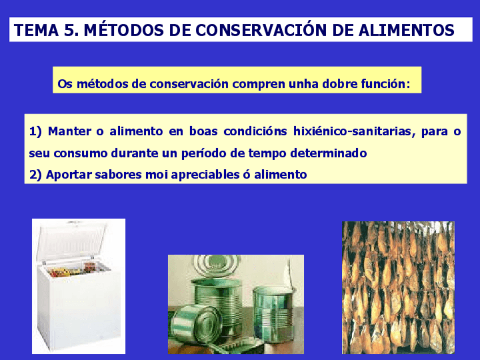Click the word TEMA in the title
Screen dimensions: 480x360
pos(36,30)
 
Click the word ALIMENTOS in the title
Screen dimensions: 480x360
pos(406,30)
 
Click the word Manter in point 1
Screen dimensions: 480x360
pos(70,131)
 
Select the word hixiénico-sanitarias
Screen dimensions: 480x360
pos(354,132)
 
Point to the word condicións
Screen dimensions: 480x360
pos(255,131)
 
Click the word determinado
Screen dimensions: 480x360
pos(328,153)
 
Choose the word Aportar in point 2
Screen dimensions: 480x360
pos(69,175)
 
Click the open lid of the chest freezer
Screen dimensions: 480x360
pos(72,242)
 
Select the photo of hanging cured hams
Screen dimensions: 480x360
pos(398,288)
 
